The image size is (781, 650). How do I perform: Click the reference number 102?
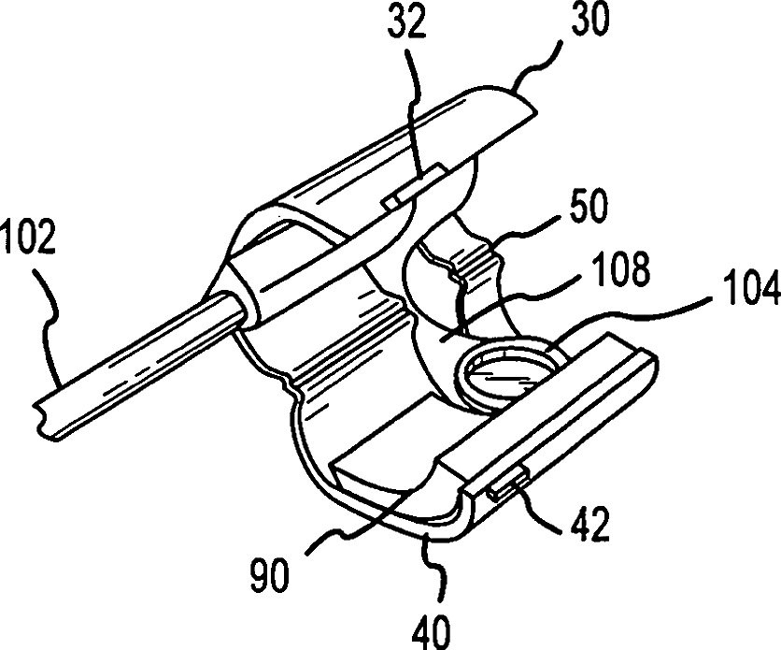[29, 240]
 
